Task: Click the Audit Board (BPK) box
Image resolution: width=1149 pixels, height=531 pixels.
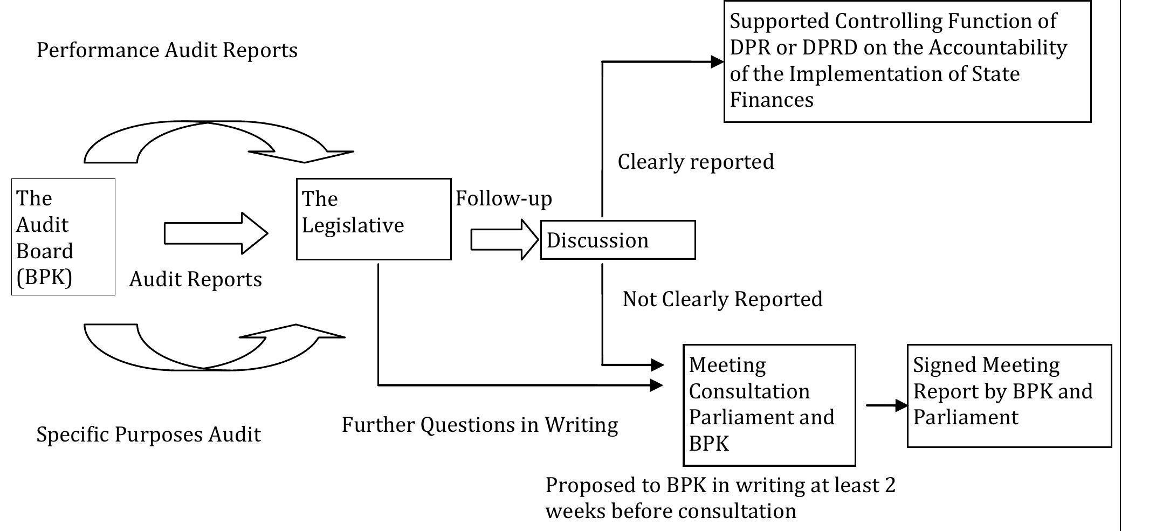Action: pyautogui.click(x=63, y=237)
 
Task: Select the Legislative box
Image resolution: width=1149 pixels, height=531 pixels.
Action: pyautogui.click(x=373, y=219)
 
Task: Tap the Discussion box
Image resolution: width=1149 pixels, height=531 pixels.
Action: pyautogui.click(x=617, y=240)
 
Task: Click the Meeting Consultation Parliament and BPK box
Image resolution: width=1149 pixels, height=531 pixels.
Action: pyautogui.click(x=769, y=405)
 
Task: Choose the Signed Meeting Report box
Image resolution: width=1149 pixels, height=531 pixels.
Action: pyautogui.click(x=1009, y=396)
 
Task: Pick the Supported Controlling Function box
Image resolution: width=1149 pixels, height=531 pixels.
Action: pyautogui.click(x=907, y=61)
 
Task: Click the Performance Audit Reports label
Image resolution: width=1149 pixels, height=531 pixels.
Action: pyautogui.click(x=167, y=50)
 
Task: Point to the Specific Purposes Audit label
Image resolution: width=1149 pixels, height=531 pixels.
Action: pyautogui.click(x=148, y=435)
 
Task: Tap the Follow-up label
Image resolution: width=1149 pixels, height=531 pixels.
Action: pyautogui.click(x=504, y=198)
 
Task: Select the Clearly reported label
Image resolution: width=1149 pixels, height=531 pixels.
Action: pyautogui.click(x=696, y=162)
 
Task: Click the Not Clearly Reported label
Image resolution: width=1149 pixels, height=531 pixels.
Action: pyautogui.click(x=723, y=299)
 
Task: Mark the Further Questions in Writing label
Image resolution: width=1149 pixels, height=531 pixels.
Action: pyautogui.click(x=480, y=425)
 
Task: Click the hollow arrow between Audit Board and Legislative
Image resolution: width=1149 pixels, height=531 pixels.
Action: pyautogui.click(x=216, y=233)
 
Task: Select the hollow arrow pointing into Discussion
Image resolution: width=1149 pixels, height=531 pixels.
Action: pyautogui.click(x=504, y=240)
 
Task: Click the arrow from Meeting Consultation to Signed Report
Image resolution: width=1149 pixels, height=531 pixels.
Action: pyautogui.click(x=887, y=405)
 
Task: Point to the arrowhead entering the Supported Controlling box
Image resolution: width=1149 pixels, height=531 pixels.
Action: pyautogui.click(x=717, y=61)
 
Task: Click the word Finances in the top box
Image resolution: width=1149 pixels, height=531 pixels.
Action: pyautogui.click(x=771, y=100)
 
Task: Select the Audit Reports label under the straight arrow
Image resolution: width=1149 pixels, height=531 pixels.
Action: pyautogui.click(x=195, y=279)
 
